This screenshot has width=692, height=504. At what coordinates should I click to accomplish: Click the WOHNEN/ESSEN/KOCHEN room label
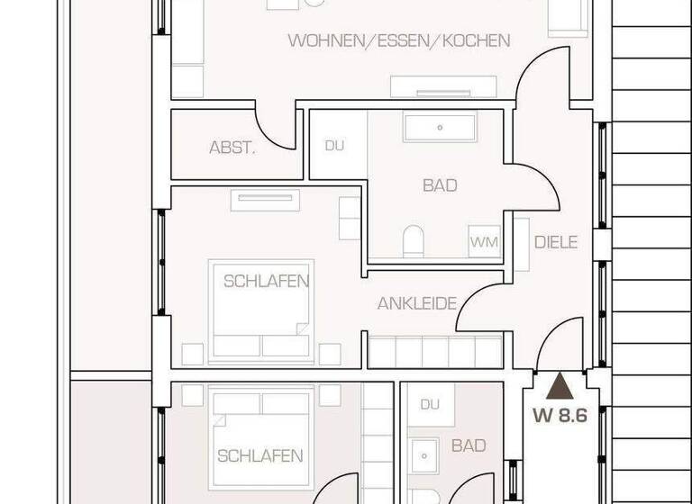pos(398,40)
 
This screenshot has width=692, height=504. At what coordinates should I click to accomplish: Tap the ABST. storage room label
pos(232,148)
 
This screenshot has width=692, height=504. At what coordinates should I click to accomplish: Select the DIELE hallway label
pos(555,242)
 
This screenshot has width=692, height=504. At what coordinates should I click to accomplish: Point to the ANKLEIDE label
pos(416,303)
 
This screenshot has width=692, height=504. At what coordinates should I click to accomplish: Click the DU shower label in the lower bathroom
pos(430,404)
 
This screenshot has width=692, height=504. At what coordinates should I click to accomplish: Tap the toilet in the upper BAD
pos(414,241)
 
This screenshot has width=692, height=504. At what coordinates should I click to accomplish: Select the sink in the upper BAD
pos(440,127)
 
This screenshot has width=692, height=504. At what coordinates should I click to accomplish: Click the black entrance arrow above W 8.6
pos(560,386)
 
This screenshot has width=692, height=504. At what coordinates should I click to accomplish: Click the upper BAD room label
pos(440,185)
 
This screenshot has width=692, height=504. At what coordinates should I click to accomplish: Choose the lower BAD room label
pos(469,445)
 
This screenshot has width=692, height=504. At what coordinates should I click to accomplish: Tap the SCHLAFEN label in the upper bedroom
pos(266,281)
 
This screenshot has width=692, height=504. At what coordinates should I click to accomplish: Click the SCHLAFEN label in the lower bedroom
pos(259,456)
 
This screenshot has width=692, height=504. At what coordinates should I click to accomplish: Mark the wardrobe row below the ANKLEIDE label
pos(434,351)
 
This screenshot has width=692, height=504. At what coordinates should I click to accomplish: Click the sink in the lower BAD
pos(423,456)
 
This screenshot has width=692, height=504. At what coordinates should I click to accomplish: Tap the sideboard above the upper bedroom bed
pos(266,200)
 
